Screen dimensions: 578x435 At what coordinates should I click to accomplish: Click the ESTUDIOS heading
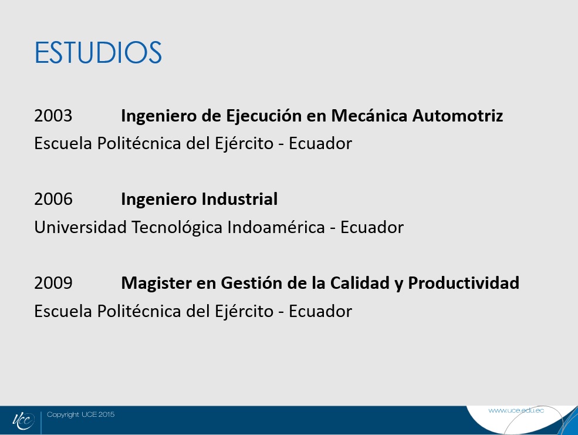point(98,53)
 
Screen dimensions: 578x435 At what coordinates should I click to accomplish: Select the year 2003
point(53,116)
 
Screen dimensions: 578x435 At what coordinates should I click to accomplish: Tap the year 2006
point(53,199)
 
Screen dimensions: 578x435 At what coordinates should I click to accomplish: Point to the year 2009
point(53,283)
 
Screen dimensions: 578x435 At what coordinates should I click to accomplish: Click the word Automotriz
point(458,116)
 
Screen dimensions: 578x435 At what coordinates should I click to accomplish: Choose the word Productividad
point(464,283)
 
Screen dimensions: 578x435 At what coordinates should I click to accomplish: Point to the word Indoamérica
point(276,227)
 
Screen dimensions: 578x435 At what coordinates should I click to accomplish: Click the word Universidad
point(80,227)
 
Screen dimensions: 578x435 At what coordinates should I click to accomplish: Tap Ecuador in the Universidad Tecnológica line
point(372,227)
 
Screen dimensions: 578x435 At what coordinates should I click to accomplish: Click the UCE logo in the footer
point(23,421)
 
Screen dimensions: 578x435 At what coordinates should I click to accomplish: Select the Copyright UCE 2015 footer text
point(81,414)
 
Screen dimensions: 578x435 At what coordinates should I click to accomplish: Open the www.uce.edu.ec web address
point(516,410)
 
